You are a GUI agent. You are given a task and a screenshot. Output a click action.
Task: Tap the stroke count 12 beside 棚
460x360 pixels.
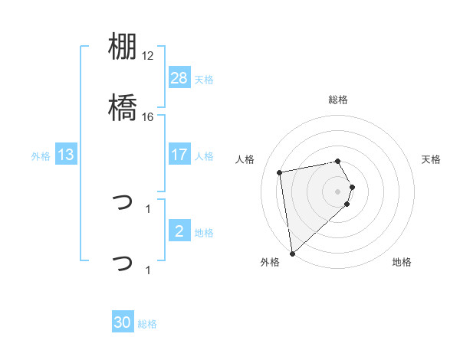[148, 57]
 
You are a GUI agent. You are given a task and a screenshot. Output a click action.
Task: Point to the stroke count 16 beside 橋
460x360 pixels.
[148, 117]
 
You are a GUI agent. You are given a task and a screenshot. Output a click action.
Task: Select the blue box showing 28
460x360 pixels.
[179, 78]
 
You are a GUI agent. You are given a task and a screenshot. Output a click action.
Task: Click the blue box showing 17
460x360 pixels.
[179, 155]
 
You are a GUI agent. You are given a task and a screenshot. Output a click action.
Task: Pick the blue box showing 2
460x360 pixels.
[179, 231]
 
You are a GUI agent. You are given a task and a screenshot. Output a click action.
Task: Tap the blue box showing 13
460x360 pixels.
[67, 155]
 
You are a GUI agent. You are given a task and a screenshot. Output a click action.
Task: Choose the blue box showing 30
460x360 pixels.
[123, 322]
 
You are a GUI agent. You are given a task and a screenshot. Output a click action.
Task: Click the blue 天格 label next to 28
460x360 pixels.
[204, 80]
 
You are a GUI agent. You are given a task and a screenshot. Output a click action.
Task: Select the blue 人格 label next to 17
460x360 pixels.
[204, 156]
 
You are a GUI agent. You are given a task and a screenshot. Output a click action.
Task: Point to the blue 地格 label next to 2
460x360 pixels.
[204, 233]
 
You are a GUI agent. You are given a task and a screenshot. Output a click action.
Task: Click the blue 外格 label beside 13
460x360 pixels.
[41, 156]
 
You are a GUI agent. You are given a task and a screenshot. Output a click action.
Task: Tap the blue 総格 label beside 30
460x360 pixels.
[147, 324]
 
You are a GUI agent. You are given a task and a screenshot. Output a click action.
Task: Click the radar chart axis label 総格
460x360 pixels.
[338, 100]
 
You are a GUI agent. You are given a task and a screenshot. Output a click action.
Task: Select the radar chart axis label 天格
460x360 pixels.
[432, 159]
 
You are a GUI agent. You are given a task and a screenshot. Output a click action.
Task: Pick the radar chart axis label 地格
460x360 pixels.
[402, 262]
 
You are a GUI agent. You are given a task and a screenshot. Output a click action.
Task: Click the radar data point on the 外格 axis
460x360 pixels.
[292, 253]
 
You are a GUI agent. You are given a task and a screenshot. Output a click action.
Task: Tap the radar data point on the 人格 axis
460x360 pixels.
[280, 172]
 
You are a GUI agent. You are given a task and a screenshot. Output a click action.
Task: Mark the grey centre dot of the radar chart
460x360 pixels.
[338, 191]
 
